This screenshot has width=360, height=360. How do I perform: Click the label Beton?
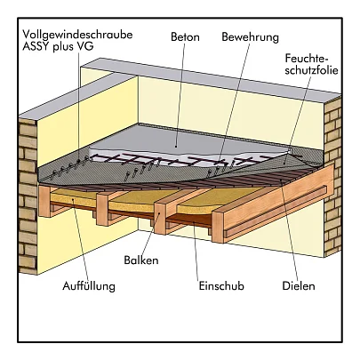185,37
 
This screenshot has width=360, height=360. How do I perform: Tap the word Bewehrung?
251,37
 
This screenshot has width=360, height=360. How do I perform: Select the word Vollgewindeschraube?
77,35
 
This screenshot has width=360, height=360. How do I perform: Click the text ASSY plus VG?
58,46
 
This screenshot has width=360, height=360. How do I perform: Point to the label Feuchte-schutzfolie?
311,64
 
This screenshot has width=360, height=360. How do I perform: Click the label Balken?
141,260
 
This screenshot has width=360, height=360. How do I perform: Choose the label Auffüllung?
89,286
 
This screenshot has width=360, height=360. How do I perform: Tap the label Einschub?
221,286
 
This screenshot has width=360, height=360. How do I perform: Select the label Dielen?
299,286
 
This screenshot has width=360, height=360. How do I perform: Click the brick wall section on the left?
28,193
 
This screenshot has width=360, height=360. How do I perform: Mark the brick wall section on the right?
332,178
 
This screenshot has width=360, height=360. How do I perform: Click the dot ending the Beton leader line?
176,146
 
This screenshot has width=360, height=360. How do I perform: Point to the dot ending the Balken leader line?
159,212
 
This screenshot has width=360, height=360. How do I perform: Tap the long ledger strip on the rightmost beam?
276,212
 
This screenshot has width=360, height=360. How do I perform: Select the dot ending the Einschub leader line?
193,222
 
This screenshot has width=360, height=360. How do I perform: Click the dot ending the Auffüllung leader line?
73,200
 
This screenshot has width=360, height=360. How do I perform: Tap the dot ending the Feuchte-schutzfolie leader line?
284,163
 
